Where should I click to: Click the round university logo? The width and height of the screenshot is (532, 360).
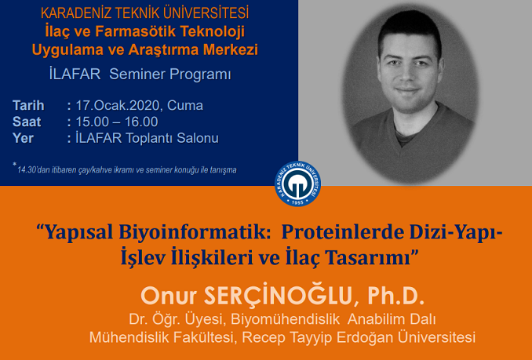[x=297, y=184]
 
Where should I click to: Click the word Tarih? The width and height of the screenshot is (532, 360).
[x=28, y=105]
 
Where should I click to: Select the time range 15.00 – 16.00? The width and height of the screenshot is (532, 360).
[x=116, y=122]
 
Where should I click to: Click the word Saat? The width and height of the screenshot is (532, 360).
[x=27, y=122]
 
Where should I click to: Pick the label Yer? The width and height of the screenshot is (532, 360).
[x=23, y=138]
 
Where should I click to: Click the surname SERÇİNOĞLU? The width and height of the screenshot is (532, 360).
[x=278, y=296]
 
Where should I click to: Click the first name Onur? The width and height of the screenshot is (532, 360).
[x=169, y=296]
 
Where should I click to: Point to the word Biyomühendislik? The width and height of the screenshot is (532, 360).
[x=286, y=319]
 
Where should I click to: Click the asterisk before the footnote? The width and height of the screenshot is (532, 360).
[x=15, y=165]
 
